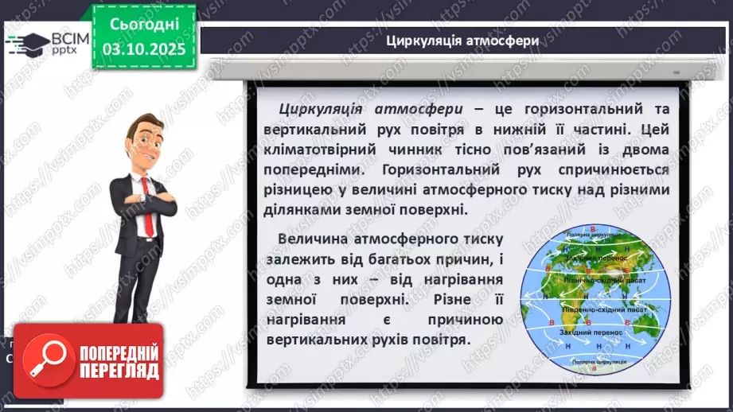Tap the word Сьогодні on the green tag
[144, 25]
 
